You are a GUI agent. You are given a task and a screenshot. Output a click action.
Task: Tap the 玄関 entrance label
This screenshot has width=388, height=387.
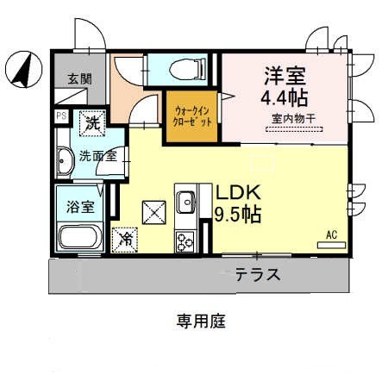click(80, 78)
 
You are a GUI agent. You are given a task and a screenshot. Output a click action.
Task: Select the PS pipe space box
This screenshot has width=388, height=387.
click(62, 115)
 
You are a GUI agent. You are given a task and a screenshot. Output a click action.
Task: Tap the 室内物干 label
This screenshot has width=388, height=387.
click(288, 118)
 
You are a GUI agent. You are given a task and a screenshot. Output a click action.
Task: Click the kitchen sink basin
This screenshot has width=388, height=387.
click(186, 203)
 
